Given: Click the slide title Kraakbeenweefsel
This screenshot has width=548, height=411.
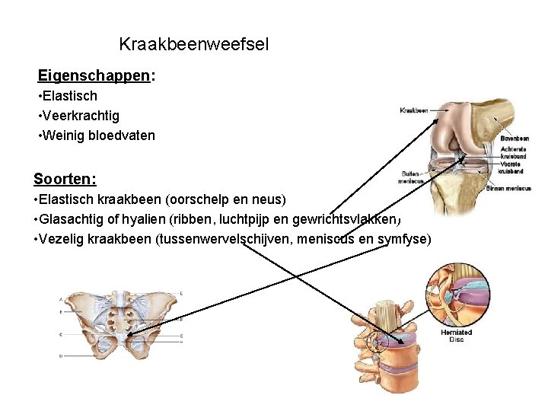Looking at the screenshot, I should click(x=193, y=45).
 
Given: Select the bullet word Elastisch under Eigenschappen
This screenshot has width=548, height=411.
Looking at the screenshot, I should click(x=70, y=97).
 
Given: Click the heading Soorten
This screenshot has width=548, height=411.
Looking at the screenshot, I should click(x=65, y=180).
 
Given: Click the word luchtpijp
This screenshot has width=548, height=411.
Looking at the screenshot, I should click(x=263, y=220).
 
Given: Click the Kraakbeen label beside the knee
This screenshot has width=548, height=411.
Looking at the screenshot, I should click(x=413, y=110).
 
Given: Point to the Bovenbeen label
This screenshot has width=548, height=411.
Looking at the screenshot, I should click(x=515, y=139).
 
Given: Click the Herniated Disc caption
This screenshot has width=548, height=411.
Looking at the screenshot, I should click(x=457, y=336).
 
